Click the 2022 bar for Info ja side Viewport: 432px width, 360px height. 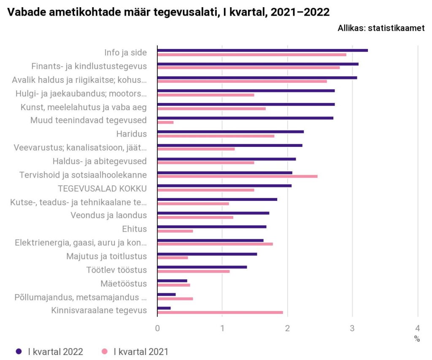coord(262,50)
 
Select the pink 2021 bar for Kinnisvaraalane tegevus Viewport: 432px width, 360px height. coord(220,312)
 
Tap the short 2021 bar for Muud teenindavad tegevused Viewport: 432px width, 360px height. coord(165,122)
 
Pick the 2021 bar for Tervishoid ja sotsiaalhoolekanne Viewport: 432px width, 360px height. coord(237,176)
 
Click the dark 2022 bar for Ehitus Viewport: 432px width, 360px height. coord(212,227)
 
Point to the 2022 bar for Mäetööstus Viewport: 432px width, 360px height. coord(172,281)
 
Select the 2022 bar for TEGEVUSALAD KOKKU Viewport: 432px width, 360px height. coord(224,186)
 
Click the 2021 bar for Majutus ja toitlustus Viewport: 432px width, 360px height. coord(173,257)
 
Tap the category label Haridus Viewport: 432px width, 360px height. coord(131,134)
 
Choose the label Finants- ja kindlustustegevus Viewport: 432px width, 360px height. coord(89,66)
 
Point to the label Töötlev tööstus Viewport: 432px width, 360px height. coord(116,270)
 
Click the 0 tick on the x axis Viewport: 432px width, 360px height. coord(157,328)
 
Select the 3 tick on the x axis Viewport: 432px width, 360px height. coord(353,328)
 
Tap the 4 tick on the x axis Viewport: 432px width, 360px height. coord(418,328)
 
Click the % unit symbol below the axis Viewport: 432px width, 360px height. coord(417,339)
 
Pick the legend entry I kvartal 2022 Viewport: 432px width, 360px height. coord(55,352)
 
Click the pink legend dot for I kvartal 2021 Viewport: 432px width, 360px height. coord(105,352)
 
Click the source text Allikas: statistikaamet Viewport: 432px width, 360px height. coord(381,28)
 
